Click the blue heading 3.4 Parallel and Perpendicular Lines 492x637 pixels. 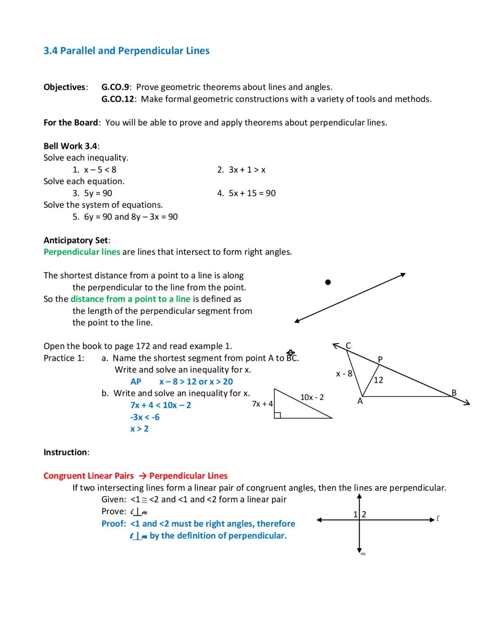pyautogui.click(x=126, y=51)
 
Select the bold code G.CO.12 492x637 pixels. pyautogui.click(x=118, y=99)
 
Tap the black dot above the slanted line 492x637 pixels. pyautogui.click(x=328, y=282)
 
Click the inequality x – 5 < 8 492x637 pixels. pyautogui.click(x=100, y=170)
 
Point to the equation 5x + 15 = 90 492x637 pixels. pyautogui.click(x=252, y=193)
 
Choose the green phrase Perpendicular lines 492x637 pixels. pyautogui.click(x=82, y=252)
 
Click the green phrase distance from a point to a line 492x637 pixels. pyautogui.click(x=130, y=299)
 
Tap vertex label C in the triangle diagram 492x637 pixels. pyautogui.click(x=348, y=345)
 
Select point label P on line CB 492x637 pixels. pyautogui.click(x=380, y=359)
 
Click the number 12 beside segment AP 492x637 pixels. pyautogui.click(x=378, y=380)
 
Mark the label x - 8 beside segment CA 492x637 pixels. pyautogui.click(x=344, y=374)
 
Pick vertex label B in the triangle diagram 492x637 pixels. pyautogui.click(x=454, y=393)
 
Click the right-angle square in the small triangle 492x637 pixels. pyautogui.click(x=278, y=415)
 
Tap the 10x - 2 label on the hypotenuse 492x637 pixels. pyautogui.click(x=312, y=397)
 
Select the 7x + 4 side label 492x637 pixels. pyautogui.click(x=262, y=404)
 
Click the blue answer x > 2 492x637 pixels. pyautogui.click(x=139, y=429)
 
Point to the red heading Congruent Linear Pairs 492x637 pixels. pyautogui.click(x=88, y=476)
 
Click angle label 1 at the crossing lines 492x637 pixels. pyautogui.click(x=356, y=514)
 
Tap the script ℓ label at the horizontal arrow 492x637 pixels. pyautogui.click(x=438, y=519)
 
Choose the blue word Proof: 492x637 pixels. pyautogui.click(x=114, y=524)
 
